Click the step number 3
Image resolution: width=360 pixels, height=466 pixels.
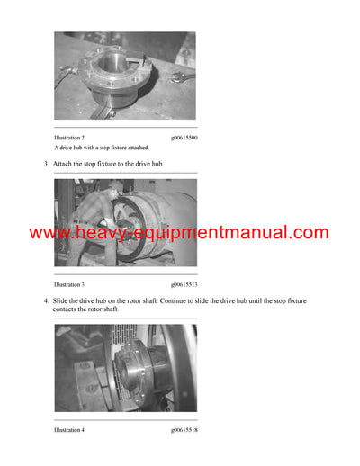click(x=46, y=164)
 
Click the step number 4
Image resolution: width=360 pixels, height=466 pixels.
click(x=46, y=299)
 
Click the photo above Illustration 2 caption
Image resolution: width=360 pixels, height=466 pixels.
click(x=124, y=76)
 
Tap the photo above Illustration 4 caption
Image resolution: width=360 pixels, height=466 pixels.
click(x=124, y=368)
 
